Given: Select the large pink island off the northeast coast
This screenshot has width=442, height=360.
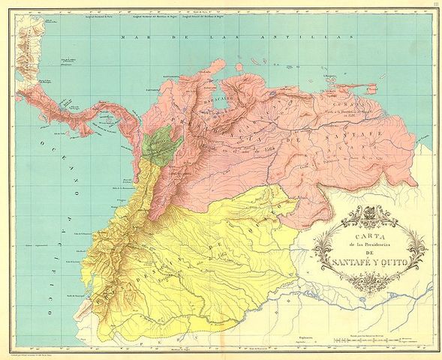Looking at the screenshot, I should point(390,87).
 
